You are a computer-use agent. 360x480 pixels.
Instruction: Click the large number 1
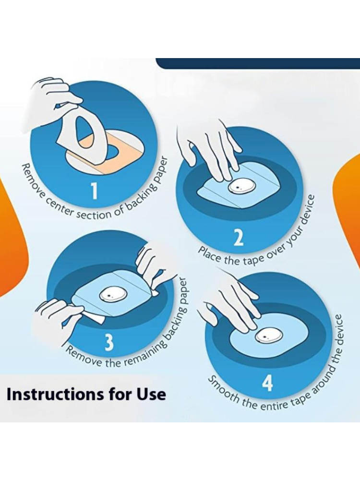(x=95, y=191)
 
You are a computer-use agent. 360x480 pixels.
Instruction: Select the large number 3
(x=108, y=342)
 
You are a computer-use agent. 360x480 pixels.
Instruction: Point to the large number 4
(x=267, y=383)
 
